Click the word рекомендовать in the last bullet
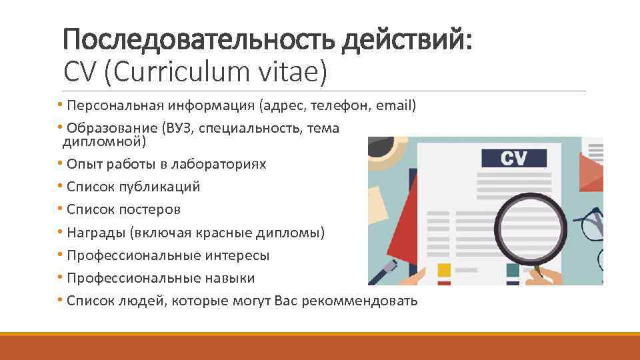click(x=360, y=301)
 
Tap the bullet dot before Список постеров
click(x=61, y=209)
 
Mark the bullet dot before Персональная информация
click(x=61, y=105)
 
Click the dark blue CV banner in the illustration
click(x=513, y=159)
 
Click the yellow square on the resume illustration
click(x=444, y=269)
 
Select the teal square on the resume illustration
click(x=513, y=270)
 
